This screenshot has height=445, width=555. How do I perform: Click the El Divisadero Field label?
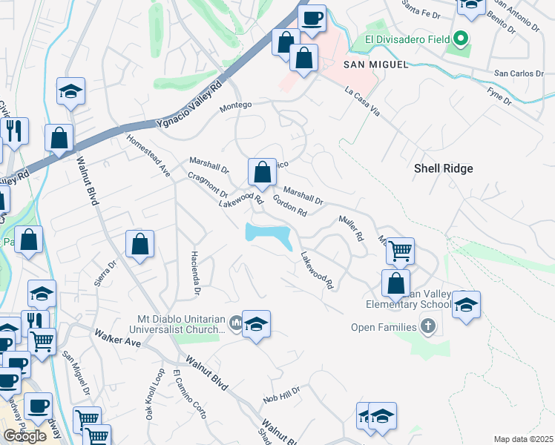click(401, 39)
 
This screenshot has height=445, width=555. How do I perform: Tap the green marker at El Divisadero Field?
click(460, 38)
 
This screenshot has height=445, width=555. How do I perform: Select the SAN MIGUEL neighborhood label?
click(376, 65)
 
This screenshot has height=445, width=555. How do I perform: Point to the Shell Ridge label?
click(443, 168)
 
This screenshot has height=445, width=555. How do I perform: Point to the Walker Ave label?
click(117, 338)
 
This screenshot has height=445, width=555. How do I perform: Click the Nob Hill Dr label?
click(281, 395)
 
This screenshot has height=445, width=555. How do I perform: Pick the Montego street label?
click(237, 108)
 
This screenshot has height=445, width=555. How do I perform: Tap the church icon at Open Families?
click(427, 325)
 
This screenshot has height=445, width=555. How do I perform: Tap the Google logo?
click(24, 436)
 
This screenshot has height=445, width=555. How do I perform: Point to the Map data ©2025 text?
click(522, 439)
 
